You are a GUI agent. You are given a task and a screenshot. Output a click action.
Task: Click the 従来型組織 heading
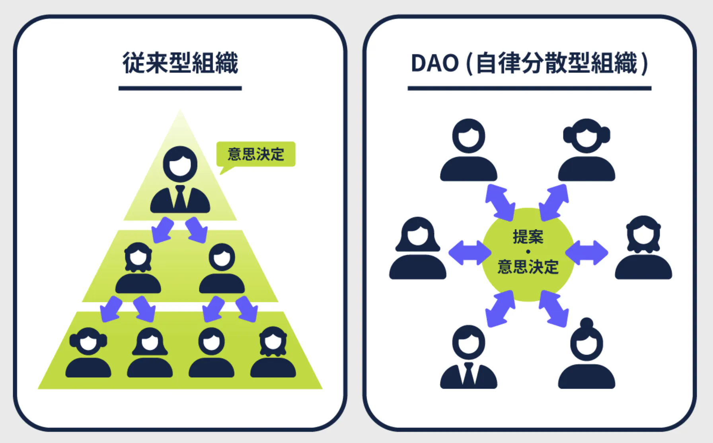(180, 63)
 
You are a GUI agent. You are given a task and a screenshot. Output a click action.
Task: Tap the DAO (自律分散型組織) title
(529, 63)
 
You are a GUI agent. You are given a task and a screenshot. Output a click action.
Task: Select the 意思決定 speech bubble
(256, 154)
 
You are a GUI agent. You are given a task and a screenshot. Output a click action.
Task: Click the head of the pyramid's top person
(180, 164)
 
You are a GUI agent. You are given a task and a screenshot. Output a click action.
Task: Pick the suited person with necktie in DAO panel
(468, 357)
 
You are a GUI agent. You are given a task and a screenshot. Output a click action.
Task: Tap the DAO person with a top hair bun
(586, 355)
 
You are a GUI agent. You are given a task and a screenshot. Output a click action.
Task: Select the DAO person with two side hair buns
(586, 149)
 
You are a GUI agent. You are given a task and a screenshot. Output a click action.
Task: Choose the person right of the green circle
(643, 247)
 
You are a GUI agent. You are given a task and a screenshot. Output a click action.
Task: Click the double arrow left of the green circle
(470, 253)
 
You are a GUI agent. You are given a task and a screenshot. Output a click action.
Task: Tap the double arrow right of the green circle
(586, 253)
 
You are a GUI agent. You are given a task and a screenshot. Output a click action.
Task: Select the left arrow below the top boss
(162, 230)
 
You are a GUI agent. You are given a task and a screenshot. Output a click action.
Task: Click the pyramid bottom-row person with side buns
(88, 353)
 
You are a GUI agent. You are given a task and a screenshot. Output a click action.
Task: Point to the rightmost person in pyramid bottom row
(273, 353)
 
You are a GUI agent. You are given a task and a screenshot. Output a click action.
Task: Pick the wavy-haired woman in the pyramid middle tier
(138, 268)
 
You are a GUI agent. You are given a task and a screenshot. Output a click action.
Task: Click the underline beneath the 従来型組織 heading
(180, 88)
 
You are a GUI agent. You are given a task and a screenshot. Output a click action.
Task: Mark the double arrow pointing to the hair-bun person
(553, 309)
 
